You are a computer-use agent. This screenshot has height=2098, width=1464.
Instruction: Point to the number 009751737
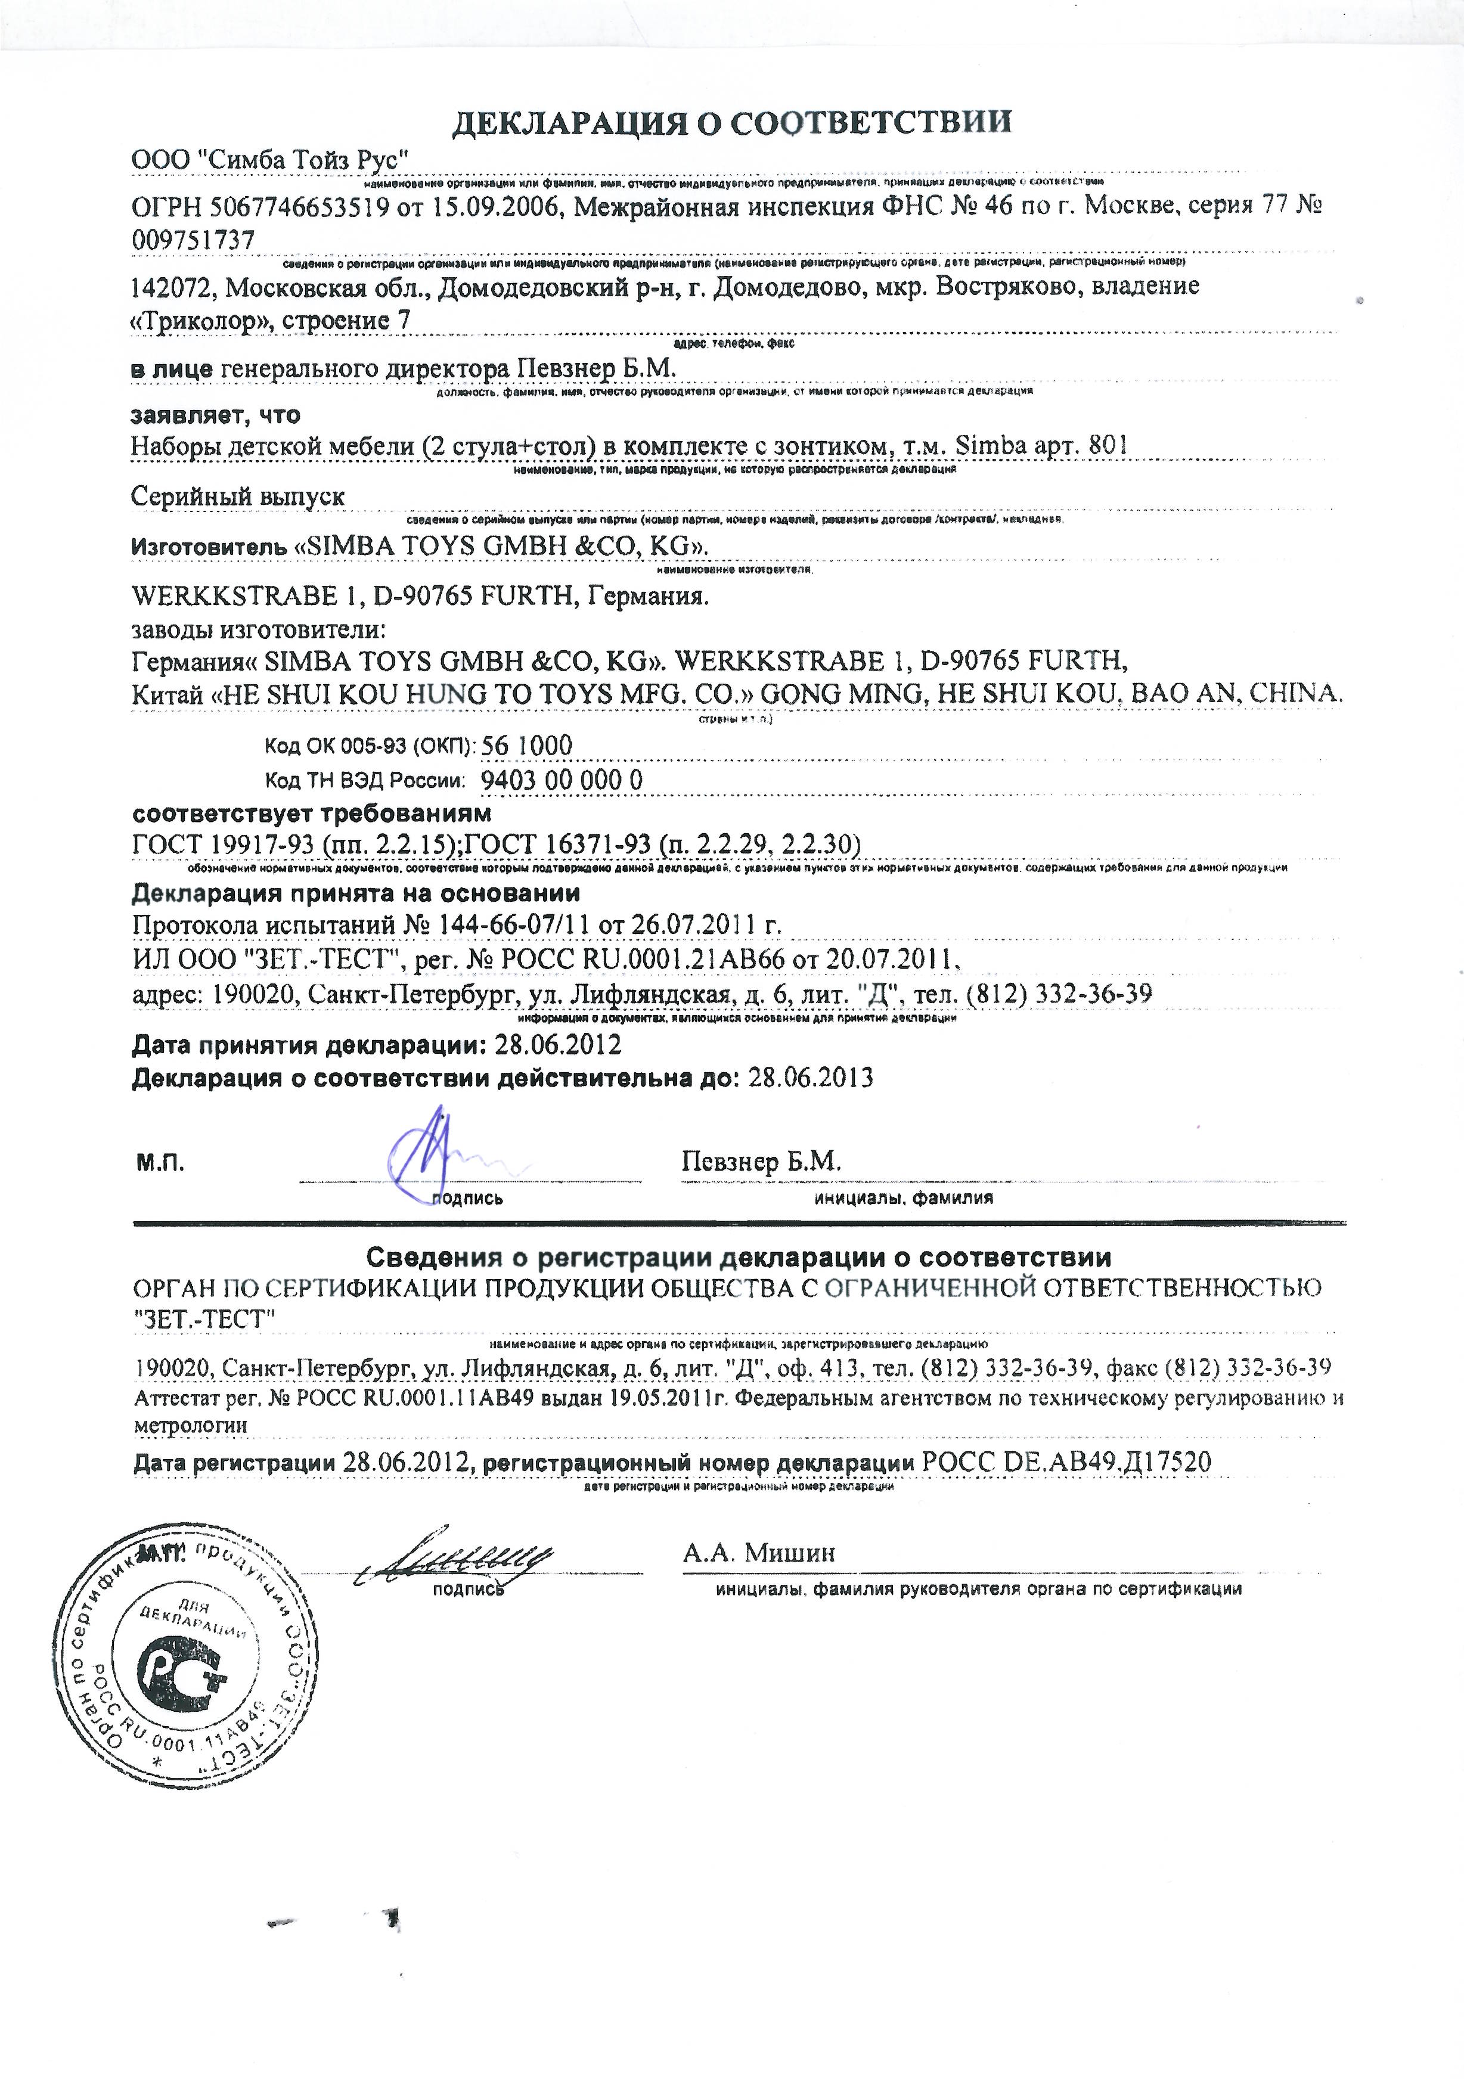(x=193, y=240)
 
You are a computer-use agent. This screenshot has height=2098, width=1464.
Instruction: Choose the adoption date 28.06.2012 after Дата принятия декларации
(x=557, y=1044)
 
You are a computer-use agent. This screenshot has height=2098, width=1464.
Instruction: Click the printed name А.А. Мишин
(x=758, y=1553)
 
